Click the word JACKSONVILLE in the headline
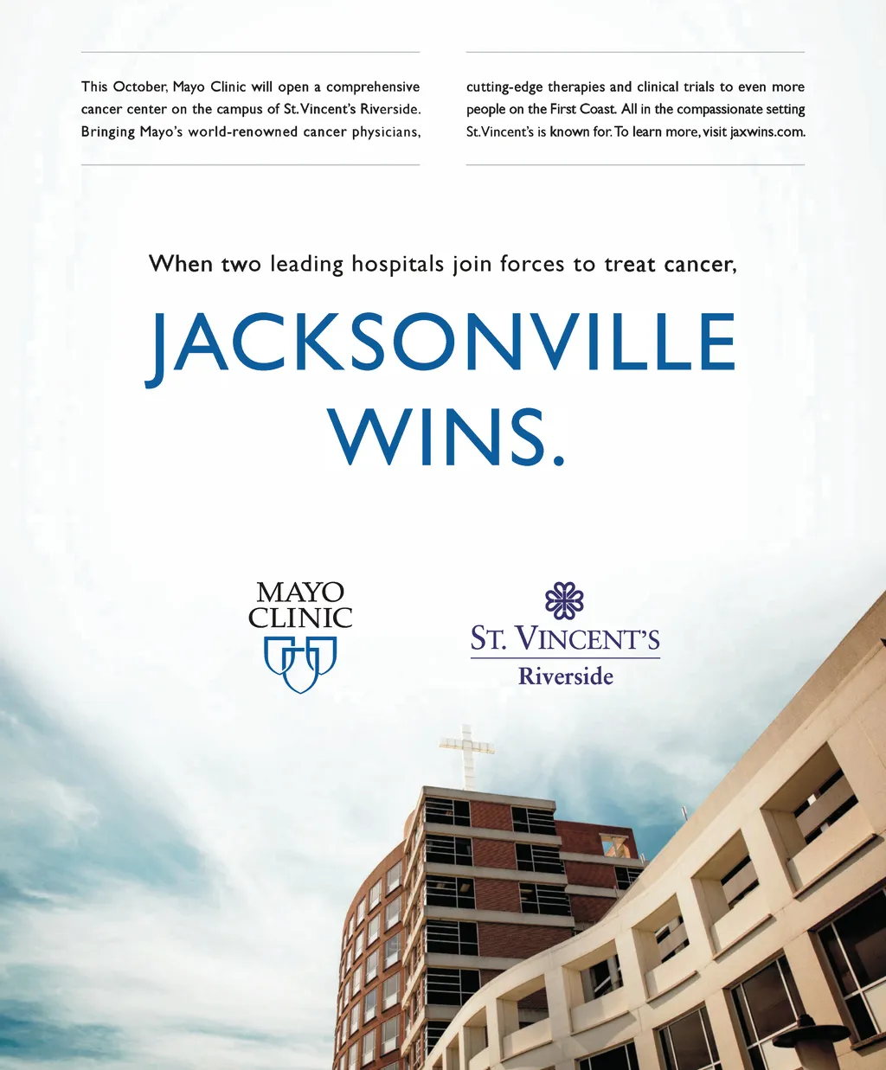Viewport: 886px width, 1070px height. [x=441, y=343]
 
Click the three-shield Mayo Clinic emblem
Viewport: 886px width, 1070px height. [x=300, y=664]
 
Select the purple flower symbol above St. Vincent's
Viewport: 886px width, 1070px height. [x=564, y=600]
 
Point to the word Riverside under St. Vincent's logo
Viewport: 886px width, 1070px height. [x=566, y=676]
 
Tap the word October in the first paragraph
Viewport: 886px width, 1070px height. [x=138, y=87]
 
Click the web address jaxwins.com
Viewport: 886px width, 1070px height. [x=767, y=132]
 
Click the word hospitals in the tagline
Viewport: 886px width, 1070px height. [x=397, y=264]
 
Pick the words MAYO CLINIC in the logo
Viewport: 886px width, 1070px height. [x=300, y=605]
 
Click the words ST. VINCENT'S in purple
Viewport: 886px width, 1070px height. [x=565, y=639]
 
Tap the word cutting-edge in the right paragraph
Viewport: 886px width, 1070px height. [x=504, y=87]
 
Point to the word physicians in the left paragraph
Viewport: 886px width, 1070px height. [x=385, y=132]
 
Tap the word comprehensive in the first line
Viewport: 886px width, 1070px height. [x=373, y=87]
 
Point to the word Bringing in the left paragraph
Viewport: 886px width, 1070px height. [x=108, y=132]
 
